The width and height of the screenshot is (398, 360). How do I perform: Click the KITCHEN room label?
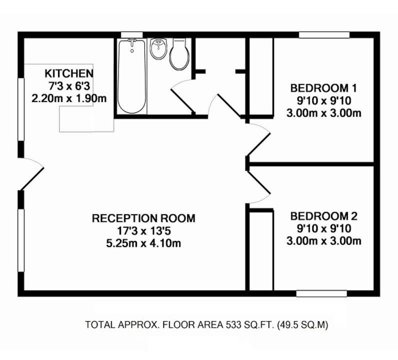(69, 73)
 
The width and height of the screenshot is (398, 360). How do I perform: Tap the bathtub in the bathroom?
(132, 76)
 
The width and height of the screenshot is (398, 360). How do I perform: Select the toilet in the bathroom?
(179, 54)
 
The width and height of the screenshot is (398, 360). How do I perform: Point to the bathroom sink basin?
(158, 49)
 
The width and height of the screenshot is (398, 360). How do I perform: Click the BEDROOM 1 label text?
(323, 88)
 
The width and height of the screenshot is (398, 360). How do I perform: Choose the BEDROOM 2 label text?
(324, 216)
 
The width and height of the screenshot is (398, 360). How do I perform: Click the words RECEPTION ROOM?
(143, 218)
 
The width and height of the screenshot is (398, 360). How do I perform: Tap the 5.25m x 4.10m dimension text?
(143, 243)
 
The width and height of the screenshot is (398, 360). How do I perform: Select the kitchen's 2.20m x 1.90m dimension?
(69, 98)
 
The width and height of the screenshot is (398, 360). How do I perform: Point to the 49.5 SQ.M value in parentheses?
(303, 324)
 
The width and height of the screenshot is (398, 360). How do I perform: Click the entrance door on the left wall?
(32, 174)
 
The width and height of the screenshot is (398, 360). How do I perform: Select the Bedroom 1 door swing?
(259, 140)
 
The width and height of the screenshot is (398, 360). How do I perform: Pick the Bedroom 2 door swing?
(259, 187)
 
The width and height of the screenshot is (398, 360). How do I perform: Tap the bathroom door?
(183, 96)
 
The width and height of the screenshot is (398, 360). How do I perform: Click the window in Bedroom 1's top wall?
(324, 35)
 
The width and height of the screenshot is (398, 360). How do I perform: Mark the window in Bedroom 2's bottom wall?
(321, 293)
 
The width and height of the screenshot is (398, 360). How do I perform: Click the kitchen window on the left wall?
(21, 109)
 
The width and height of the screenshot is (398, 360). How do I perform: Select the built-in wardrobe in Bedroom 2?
(261, 249)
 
